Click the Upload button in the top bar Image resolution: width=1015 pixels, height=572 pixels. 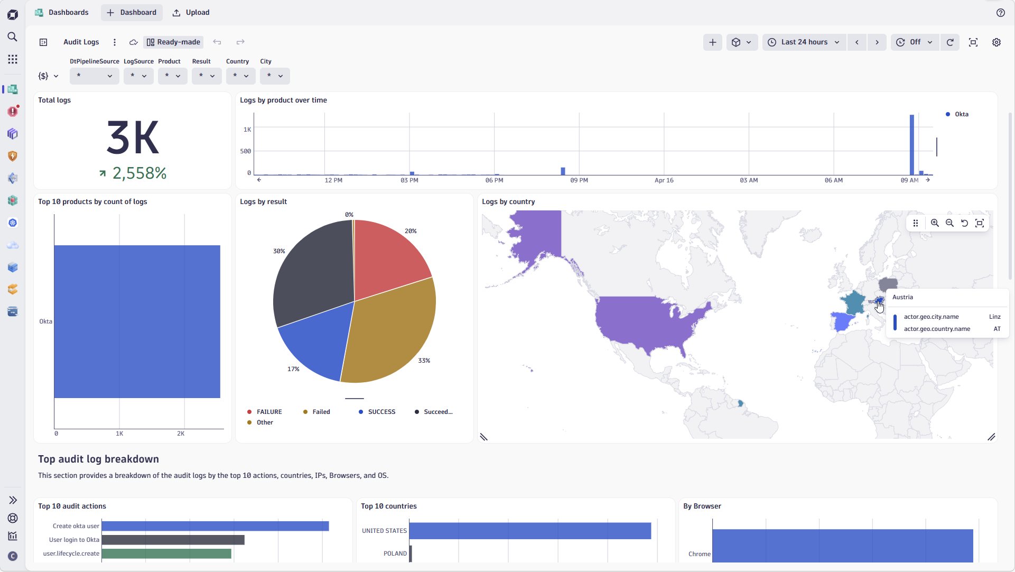(191, 13)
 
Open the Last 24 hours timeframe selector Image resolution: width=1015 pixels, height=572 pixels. (804, 42)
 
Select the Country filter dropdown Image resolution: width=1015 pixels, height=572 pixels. (240, 76)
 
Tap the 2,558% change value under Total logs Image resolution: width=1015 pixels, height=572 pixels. (139, 173)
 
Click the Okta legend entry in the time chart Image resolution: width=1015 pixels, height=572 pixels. (961, 114)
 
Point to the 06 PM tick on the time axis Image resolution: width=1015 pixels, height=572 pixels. (494, 181)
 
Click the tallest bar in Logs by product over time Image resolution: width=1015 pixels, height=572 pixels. (911, 145)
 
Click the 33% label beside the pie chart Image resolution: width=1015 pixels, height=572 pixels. (424, 361)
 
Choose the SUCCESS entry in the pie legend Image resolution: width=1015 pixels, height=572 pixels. (381, 412)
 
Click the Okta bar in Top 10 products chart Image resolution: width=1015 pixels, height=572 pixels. (137, 321)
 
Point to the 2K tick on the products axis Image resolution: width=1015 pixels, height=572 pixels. (181, 434)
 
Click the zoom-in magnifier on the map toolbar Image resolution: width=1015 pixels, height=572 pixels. (935, 223)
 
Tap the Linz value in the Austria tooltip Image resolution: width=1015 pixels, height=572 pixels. (994, 317)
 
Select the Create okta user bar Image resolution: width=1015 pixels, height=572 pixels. (215, 526)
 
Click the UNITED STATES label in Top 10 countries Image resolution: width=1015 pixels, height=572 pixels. (384, 531)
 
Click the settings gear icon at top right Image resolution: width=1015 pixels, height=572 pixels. (996, 42)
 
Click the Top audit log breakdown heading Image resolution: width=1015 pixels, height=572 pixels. (98, 459)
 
